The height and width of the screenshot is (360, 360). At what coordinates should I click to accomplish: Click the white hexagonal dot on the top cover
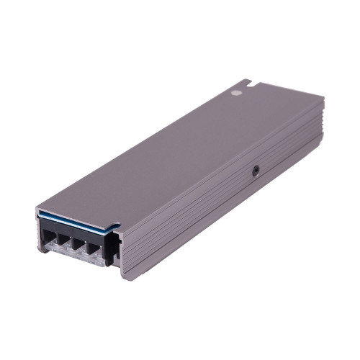[x=235, y=93]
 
